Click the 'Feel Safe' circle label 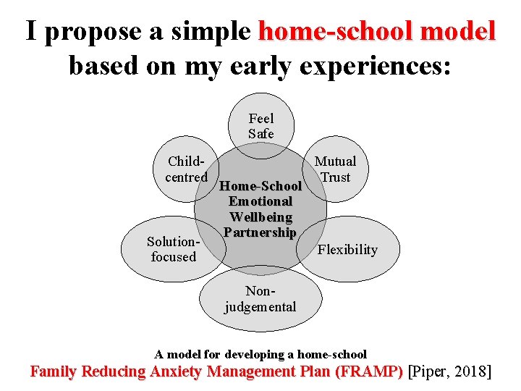(x=260, y=126)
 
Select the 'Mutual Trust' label (x=335, y=169)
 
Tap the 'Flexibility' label (x=347, y=250)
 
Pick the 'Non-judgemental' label (x=260, y=298)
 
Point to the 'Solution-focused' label (x=173, y=249)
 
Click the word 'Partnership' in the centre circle (x=260, y=232)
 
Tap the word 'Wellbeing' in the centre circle (x=260, y=216)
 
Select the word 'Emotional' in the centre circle (x=260, y=201)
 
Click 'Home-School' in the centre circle (x=260, y=186)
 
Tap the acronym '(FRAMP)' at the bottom (x=366, y=372)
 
